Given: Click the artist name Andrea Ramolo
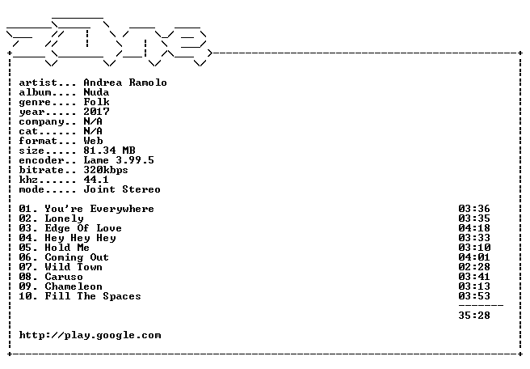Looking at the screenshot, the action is pos(125,83).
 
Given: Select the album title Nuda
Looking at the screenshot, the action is pos(96,92).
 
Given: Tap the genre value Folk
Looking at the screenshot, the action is pos(96,102).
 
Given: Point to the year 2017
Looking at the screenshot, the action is pos(96,112).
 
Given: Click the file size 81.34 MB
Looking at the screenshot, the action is pos(109,151).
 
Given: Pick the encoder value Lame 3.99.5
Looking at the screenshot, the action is pos(119,160).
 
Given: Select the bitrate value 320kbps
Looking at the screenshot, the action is pos(106,170).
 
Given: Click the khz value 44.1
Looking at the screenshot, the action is pos(96,180).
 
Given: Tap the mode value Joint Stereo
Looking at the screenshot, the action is pos(122,189).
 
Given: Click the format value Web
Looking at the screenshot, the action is pos(93,141).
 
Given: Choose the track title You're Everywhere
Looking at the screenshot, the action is pos(99,209).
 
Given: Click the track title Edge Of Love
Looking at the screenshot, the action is pos(83,228).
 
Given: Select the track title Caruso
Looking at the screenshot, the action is pos(64,277).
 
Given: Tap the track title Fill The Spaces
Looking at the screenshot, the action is pos(93,296).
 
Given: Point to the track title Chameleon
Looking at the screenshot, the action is pos(74,286).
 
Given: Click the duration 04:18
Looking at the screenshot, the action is pos(474,228).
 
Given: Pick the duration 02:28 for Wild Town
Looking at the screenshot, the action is pos(474,267).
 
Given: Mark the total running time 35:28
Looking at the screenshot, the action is pos(474,316).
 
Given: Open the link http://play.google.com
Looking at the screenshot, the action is pos(90,336).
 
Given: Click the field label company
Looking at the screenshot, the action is pos(41,122).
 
